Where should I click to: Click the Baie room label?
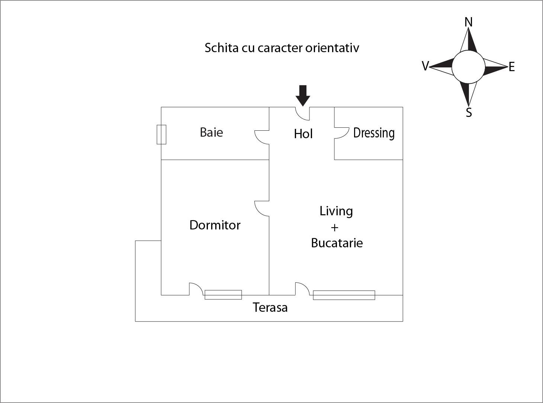[211, 132]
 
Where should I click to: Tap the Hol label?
[303, 134]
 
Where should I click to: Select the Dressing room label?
[374, 133]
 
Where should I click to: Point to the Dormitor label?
[215, 225]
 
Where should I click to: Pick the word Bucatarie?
[337, 243]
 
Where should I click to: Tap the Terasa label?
[270, 307]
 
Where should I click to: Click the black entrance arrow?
[303, 96]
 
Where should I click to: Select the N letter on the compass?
[468, 22]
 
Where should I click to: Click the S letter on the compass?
[469, 112]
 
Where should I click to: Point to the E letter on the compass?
[512, 67]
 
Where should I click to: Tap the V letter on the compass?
[425, 66]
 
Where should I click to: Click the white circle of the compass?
[468, 67]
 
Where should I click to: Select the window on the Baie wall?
[161, 134]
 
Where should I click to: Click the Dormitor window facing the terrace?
[223, 295]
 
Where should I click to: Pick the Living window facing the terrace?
[344, 295]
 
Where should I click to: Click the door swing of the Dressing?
[342, 133]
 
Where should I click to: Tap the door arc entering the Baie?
[262, 137]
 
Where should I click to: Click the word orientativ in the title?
[332, 48]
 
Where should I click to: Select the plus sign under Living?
[335, 228]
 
